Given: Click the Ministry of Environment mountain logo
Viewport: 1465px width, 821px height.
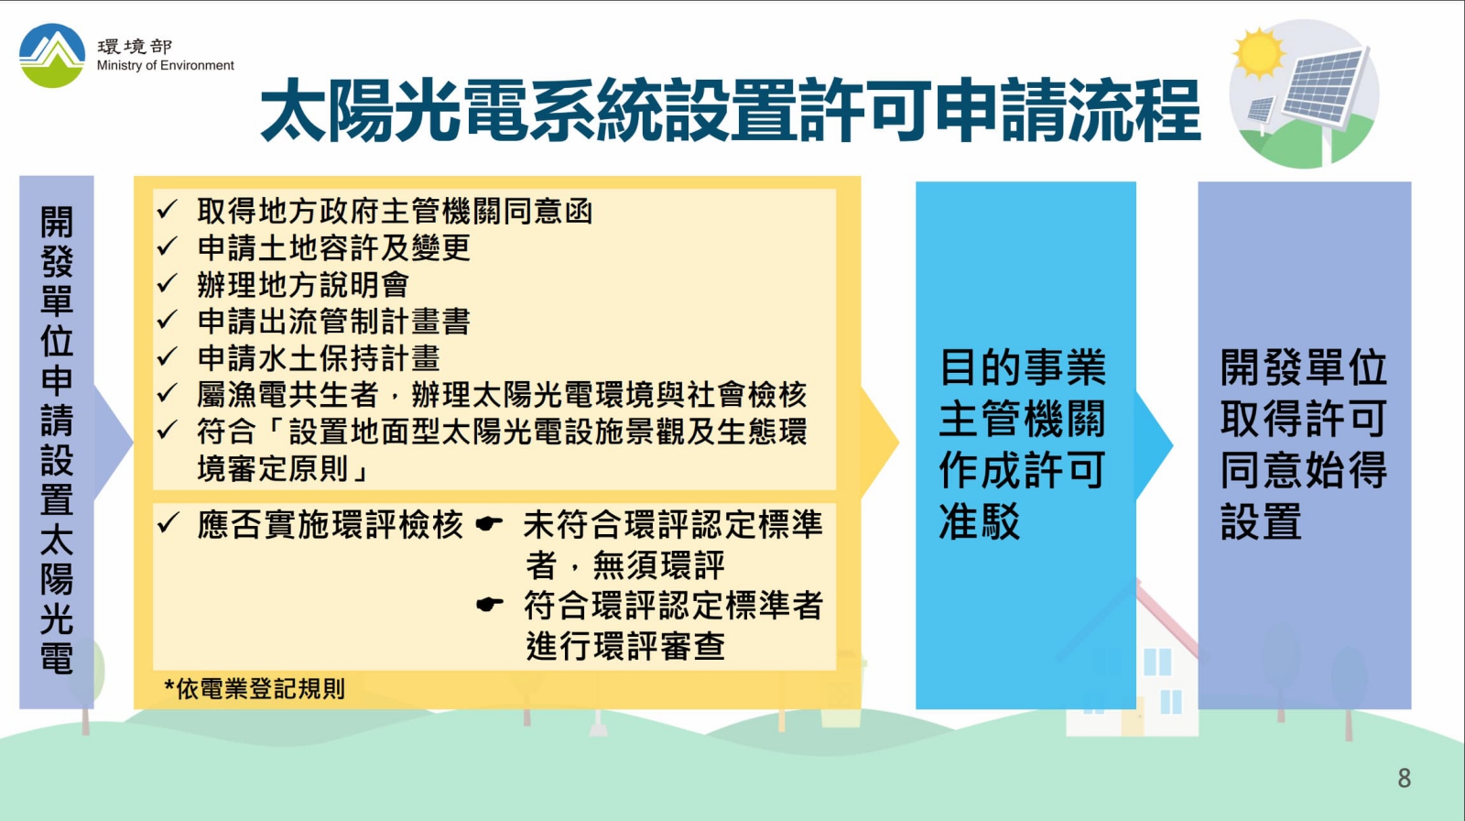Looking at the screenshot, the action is click(x=52, y=56).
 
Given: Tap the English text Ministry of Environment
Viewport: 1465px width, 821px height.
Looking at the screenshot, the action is click(x=166, y=65).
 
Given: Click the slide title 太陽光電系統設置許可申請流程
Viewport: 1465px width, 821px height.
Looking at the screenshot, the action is click(x=730, y=110).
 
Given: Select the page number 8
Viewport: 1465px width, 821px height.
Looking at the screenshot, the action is click(x=1405, y=779).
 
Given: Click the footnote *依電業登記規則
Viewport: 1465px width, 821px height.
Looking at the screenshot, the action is click(x=255, y=689).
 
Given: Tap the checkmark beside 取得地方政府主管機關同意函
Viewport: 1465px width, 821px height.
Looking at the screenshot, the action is click(x=168, y=210).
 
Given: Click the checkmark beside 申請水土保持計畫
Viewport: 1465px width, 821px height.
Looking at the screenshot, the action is click(x=168, y=356).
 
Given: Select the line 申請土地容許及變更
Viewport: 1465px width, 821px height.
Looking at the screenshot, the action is click(x=333, y=248).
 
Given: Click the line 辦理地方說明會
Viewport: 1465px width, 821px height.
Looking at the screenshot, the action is click(x=303, y=285).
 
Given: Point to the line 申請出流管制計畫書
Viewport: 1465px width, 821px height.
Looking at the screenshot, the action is click(x=333, y=322).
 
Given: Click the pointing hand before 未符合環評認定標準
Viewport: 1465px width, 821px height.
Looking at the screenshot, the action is click(x=489, y=523).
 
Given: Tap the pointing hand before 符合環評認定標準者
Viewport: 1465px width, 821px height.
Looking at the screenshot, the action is click(x=489, y=604).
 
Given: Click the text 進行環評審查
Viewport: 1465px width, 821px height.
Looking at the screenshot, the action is click(x=625, y=646).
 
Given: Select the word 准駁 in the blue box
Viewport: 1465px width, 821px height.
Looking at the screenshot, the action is click(x=980, y=521).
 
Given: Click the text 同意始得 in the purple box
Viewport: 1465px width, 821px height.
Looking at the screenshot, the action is click(x=1304, y=470).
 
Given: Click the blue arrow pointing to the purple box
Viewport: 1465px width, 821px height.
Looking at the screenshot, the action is click(x=1155, y=445).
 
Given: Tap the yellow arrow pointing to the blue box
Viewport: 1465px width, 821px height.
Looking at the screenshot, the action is click(x=880, y=443).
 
